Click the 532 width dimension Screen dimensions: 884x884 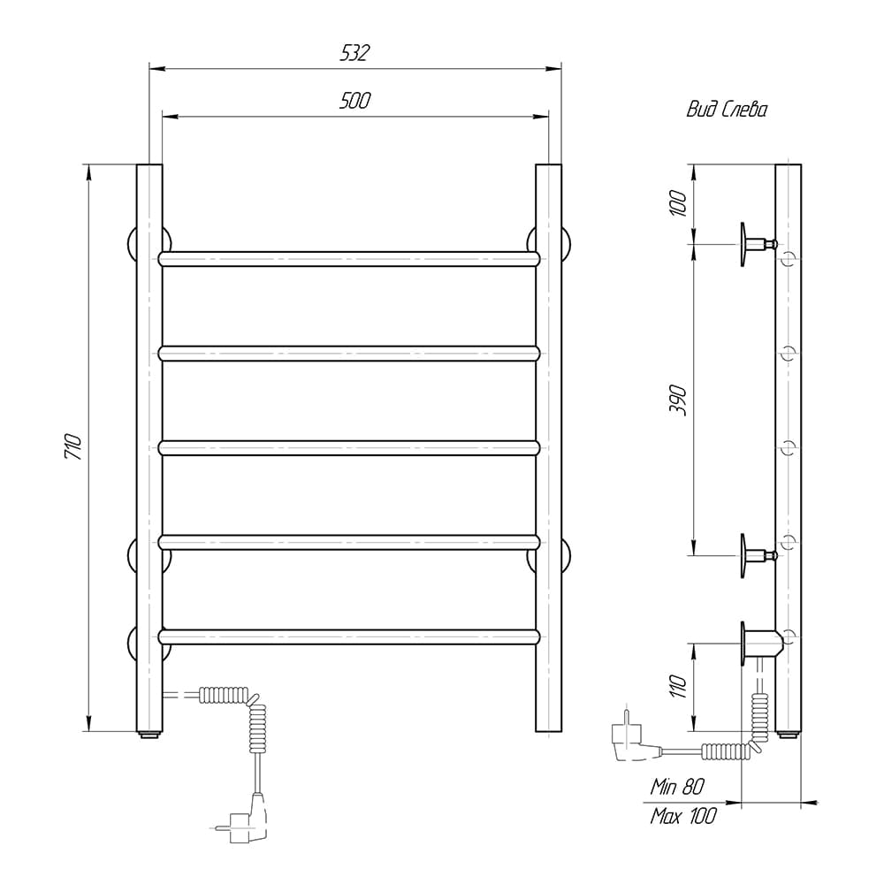click(354, 52)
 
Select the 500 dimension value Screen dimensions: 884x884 click(354, 101)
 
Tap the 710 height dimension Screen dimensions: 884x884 click(74, 447)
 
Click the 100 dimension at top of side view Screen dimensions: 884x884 click(678, 203)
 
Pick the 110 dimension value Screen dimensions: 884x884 click(678, 686)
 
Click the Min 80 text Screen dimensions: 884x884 click(677, 787)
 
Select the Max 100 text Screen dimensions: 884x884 click(683, 816)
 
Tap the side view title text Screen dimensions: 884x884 click(727, 109)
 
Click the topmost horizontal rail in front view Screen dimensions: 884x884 click(349, 259)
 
